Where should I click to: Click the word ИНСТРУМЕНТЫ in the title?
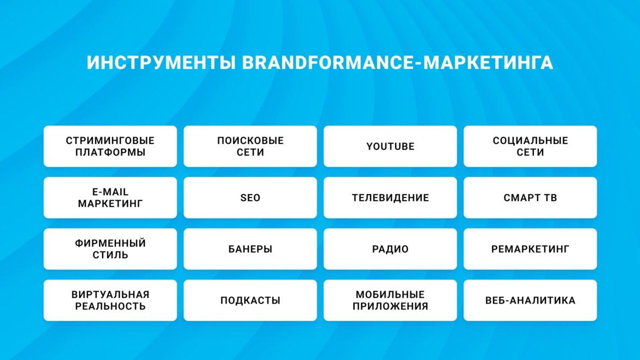161,63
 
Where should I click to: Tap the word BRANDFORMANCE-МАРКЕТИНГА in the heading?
397,63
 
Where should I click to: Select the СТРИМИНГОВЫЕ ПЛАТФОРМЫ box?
110,146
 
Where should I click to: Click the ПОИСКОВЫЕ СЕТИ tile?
250,146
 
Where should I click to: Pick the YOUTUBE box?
390,146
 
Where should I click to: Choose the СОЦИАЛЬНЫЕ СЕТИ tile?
530,146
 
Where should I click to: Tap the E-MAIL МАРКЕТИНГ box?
110,198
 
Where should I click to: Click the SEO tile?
250,198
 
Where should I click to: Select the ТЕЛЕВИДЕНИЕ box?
390,198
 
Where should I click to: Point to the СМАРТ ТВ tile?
530,198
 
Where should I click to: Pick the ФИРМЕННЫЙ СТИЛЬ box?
110,249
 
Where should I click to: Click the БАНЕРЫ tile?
250,249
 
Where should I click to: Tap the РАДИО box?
390,249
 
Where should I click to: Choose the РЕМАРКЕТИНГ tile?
530,249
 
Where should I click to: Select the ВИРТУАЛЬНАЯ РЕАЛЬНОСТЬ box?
110,301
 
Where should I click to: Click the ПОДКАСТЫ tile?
250,301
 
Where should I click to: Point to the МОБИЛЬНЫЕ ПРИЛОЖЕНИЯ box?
390,301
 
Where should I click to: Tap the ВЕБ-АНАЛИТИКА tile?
530,301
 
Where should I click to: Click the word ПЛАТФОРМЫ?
110,152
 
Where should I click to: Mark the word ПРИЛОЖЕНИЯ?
390,306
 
